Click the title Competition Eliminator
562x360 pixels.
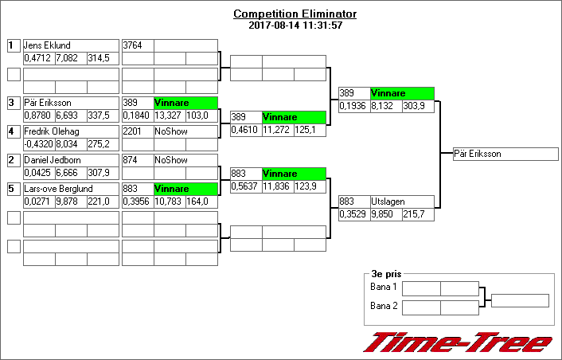[295, 14]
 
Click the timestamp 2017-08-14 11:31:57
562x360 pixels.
[295, 25]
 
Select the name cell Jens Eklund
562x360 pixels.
[71, 45]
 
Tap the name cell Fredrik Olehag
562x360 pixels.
[71, 131]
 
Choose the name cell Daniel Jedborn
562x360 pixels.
[71, 160]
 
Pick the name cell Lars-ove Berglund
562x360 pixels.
[71, 189]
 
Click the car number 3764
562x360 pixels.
[136, 45]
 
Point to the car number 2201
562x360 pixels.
[136, 131]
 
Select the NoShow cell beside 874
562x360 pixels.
[185, 160]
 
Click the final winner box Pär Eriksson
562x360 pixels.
[501, 154]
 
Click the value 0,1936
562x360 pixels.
[353, 106]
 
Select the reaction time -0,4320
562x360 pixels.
[38, 144]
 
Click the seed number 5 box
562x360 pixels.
[13, 189]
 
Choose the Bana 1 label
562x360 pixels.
[384, 287]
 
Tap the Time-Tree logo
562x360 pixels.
[457, 342]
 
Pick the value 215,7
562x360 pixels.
[417, 215]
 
